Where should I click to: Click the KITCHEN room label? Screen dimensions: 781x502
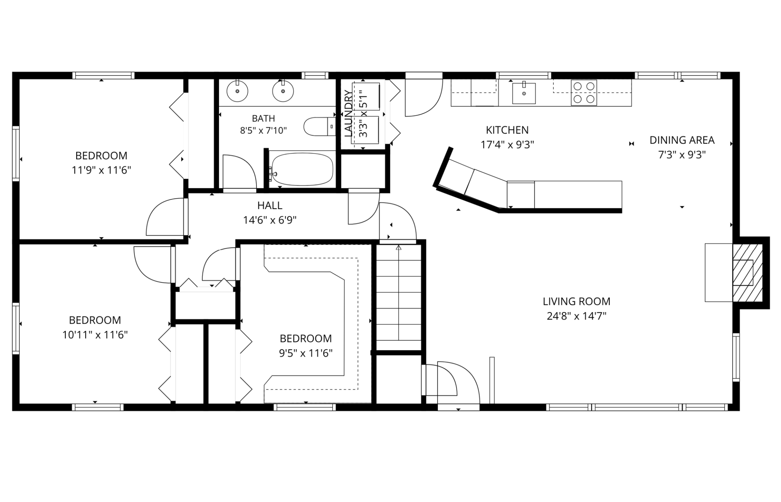(507, 130)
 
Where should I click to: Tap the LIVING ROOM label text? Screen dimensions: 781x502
(576, 301)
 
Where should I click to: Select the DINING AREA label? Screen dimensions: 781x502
(682, 140)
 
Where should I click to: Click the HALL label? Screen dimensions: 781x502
(270, 205)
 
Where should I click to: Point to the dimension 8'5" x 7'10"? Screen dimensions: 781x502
(263, 131)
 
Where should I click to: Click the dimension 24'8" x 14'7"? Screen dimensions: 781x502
(576, 316)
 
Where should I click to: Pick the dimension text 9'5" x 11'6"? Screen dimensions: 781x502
(306, 353)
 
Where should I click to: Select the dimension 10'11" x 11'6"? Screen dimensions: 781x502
(95, 335)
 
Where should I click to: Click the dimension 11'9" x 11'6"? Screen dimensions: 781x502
(101, 170)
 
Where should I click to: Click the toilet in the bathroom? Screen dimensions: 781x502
(320, 127)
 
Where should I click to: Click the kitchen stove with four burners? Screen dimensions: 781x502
(584, 93)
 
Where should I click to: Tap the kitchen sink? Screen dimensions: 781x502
(524, 93)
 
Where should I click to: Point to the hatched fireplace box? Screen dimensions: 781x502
(748, 273)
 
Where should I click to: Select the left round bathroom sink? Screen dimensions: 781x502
(237, 91)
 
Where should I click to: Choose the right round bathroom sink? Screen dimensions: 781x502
(283, 91)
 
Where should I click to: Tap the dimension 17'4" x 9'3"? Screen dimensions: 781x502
(507, 145)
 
